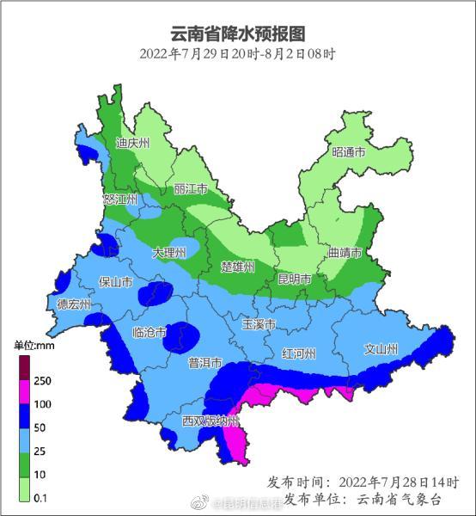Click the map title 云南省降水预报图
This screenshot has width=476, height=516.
pos(237,34)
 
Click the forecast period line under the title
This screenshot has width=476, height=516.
pos(237,53)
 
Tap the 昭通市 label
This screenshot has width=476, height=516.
pos(348,152)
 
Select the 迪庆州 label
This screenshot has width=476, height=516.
pos(133,142)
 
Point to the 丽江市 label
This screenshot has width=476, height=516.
pos(191,188)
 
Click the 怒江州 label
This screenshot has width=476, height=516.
pos(120,200)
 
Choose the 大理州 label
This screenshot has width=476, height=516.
pos(169,253)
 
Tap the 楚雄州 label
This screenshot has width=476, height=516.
pos(238,267)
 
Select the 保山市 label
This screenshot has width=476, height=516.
pos(115,281)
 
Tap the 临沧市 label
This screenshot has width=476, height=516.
pos(150,333)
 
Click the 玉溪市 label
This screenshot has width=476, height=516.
pos(259,325)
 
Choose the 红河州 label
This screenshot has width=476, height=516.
pos(299,353)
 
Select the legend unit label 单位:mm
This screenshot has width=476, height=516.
pos(34,345)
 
